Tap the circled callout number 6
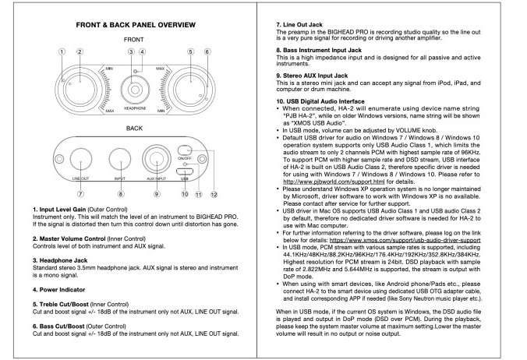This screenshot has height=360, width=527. tap(207, 52)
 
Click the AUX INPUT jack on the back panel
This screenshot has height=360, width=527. tap(157, 157)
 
